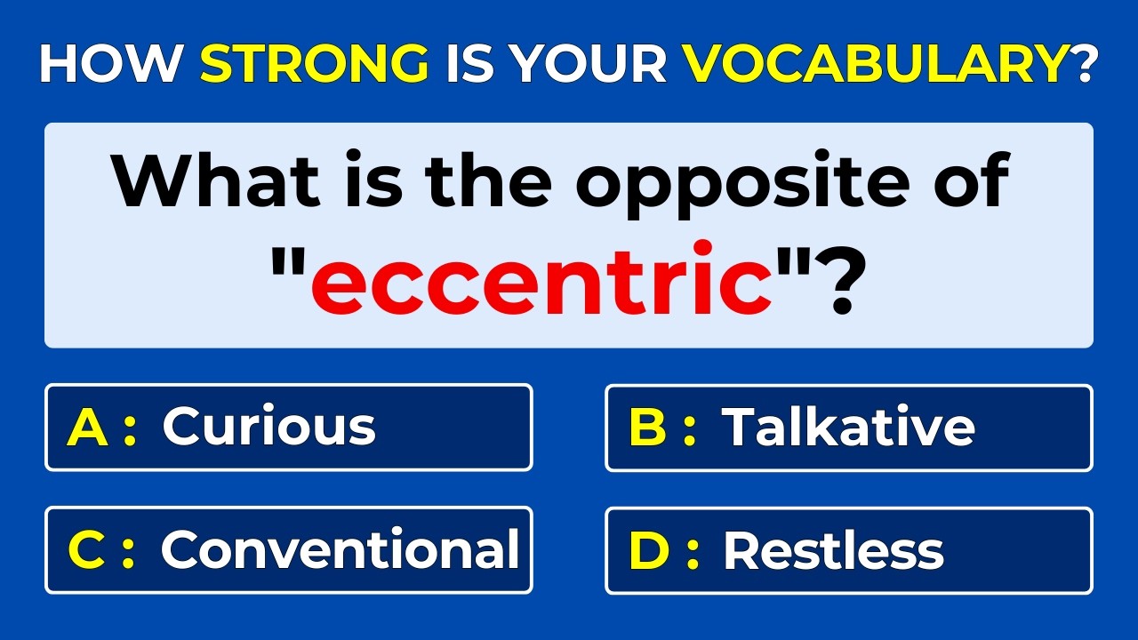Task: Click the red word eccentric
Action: tap(541, 278)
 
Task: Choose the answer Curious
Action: tap(268, 427)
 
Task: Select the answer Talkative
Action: tap(848, 427)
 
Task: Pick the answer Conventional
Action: tap(340, 549)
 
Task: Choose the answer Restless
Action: tap(833, 550)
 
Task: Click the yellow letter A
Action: tap(87, 428)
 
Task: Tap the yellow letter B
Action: tap(647, 428)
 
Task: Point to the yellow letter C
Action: tap(87, 550)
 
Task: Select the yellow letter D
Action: tap(648, 550)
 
